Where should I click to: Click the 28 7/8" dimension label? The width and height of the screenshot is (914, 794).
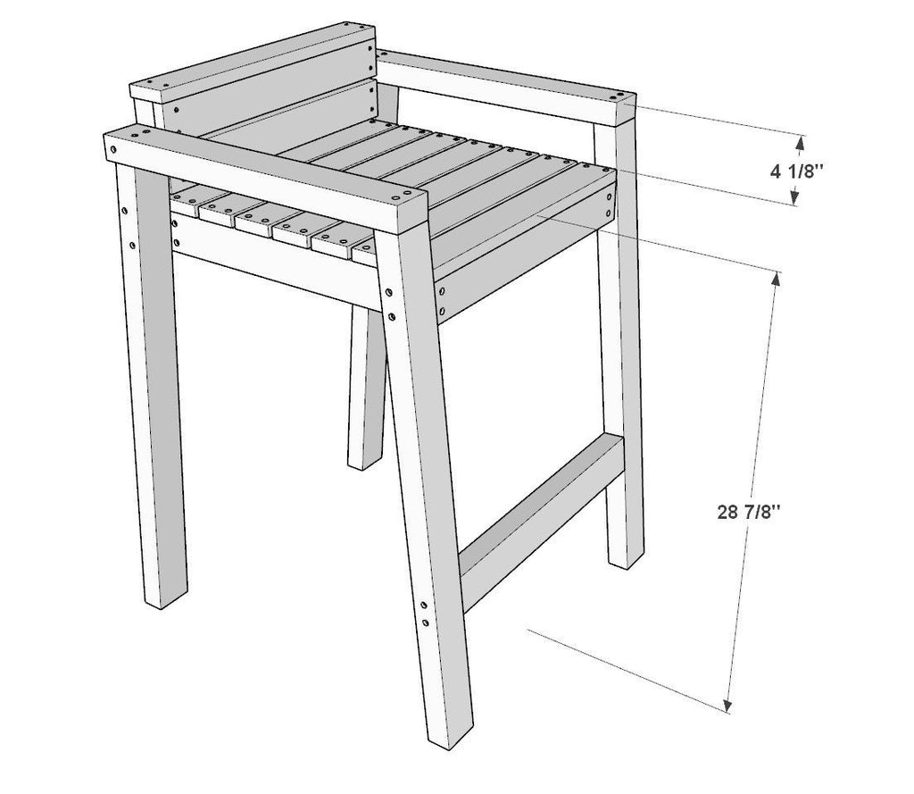click(749, 512)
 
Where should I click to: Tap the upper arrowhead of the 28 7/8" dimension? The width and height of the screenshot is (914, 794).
click(776, 279)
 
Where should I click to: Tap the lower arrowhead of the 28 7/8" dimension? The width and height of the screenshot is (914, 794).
click(727, 706)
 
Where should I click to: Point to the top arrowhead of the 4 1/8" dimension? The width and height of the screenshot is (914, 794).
click(801, 142)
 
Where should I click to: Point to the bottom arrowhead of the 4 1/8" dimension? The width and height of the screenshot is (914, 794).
click(794, 198)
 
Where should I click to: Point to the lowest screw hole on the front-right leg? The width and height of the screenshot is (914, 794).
click(426, 623)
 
